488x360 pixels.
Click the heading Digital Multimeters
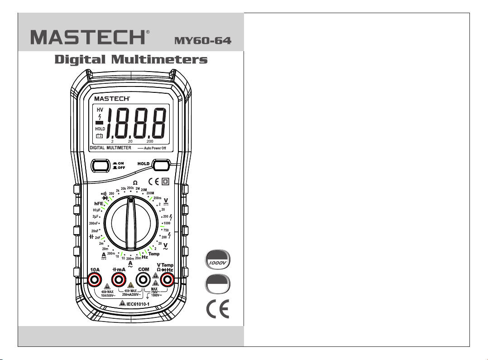pos(131,60)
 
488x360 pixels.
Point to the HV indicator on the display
pos(99,110)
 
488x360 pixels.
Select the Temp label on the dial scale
pos(154,254)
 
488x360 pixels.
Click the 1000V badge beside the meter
pos(217,262)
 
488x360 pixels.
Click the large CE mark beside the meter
pos(218,309)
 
